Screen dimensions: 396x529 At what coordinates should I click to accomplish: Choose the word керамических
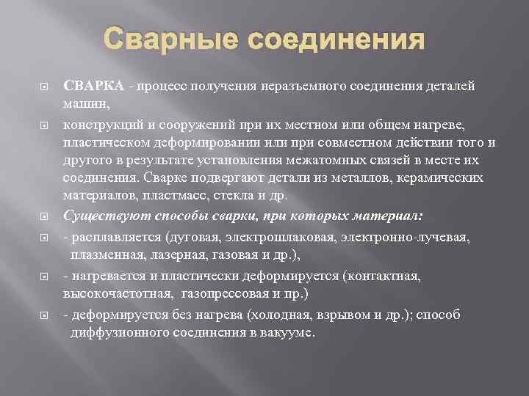click(442, 178)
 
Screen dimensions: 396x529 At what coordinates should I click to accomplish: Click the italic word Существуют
click(98, 216)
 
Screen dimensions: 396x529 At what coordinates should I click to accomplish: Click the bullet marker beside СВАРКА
click(43, 86)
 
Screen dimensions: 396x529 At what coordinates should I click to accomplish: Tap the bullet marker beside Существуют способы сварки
click(43, 216)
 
